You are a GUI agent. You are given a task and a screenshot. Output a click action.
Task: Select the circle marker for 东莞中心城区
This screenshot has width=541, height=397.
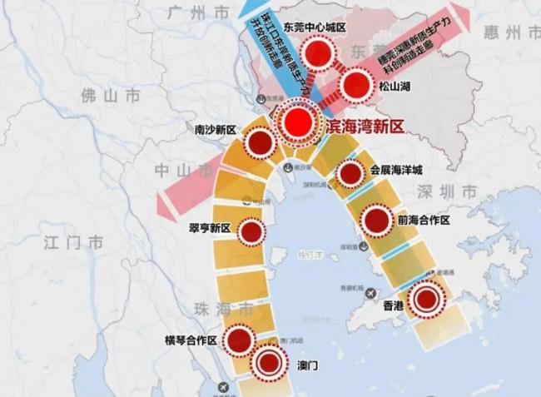click(x=317, y=56)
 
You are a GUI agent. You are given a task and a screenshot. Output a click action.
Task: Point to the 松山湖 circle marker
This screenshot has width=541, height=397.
click(x=355, y=84)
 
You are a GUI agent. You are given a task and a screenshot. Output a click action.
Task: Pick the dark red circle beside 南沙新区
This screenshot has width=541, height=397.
click(x=261, y=143)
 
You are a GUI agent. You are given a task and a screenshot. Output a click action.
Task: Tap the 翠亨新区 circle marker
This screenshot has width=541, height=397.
click(x=250, y=231)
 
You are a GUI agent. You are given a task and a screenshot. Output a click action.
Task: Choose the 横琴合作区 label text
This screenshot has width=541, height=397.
click(x=191, y=340)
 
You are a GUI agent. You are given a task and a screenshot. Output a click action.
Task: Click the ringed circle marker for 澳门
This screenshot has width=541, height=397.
click(x=268, y=362)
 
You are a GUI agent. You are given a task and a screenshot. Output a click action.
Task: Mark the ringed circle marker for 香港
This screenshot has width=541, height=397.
click(x=427, y=300)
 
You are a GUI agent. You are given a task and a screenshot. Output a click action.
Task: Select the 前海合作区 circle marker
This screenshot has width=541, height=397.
click(x=376, y=221)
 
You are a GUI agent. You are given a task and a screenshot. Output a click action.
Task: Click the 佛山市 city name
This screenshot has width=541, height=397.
click(x=110, y=96)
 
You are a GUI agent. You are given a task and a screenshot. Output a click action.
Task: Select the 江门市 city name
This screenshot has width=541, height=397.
click(x=73, y=242)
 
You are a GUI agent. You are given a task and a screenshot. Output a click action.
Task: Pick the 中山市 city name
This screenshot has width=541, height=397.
click(x=172, y=171)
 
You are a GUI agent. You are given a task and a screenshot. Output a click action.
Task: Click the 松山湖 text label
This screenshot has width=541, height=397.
click(x=396, y=86)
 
